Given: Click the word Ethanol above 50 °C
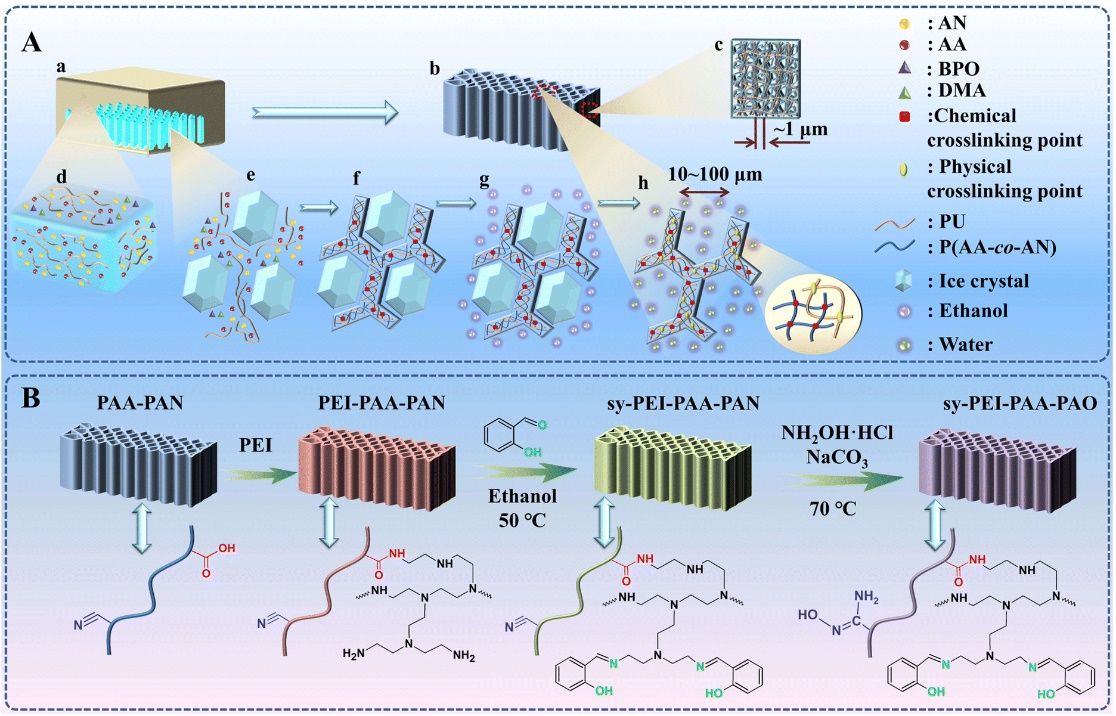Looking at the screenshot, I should click(511, 494).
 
